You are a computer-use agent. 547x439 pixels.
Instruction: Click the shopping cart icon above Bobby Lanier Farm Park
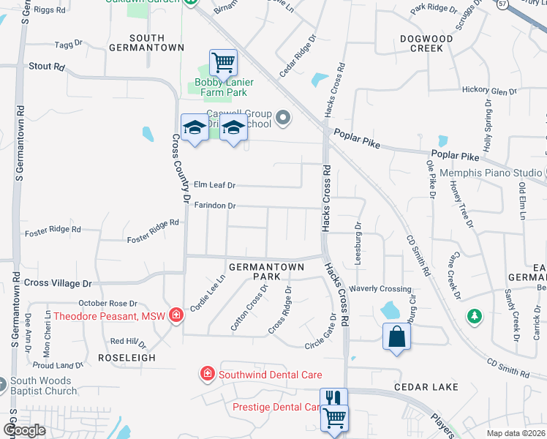point(223,61)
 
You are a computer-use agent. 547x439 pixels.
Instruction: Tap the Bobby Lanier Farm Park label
point(225,88)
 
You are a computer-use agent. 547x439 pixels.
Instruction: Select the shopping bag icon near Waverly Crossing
point(396,337)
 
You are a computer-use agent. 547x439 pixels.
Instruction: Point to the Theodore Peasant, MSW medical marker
point(176,316)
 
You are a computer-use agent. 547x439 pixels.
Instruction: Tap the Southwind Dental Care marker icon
point(208,375)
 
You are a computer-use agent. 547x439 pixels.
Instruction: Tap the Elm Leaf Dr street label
point(214,185)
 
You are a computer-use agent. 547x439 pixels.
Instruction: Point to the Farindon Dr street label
point(215,206)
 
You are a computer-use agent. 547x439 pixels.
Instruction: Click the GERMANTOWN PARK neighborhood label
point(266,272)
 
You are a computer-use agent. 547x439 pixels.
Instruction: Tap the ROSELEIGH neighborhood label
point(117,359)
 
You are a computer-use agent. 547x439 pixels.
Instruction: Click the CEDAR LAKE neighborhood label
point(426,386)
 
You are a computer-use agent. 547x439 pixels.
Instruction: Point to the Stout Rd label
point(47,67)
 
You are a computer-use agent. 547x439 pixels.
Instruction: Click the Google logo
point(24,430)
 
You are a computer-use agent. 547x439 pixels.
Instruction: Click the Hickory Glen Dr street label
point(489,91)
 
